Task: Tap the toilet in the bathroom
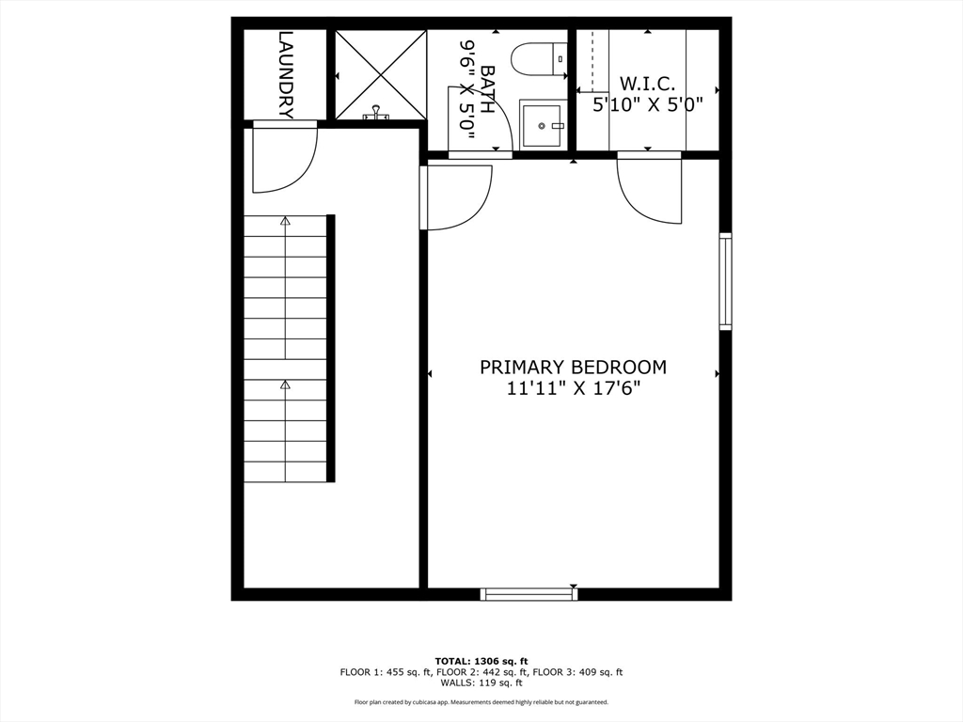tap(540, 60)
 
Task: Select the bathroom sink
tap(543, 125)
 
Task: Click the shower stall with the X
tap(381, 75)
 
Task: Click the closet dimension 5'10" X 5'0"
tap(647, 105)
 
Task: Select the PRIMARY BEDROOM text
tap(573, 367)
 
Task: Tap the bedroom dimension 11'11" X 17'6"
tap(573, 389)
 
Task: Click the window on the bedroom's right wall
tap(725, 281)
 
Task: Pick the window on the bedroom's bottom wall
tap(529, 593)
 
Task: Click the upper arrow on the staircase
tap(285, 222)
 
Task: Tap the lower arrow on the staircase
tap(285, 385)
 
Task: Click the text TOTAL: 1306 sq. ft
tap(481, 661)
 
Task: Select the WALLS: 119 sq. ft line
tap(481, 683)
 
